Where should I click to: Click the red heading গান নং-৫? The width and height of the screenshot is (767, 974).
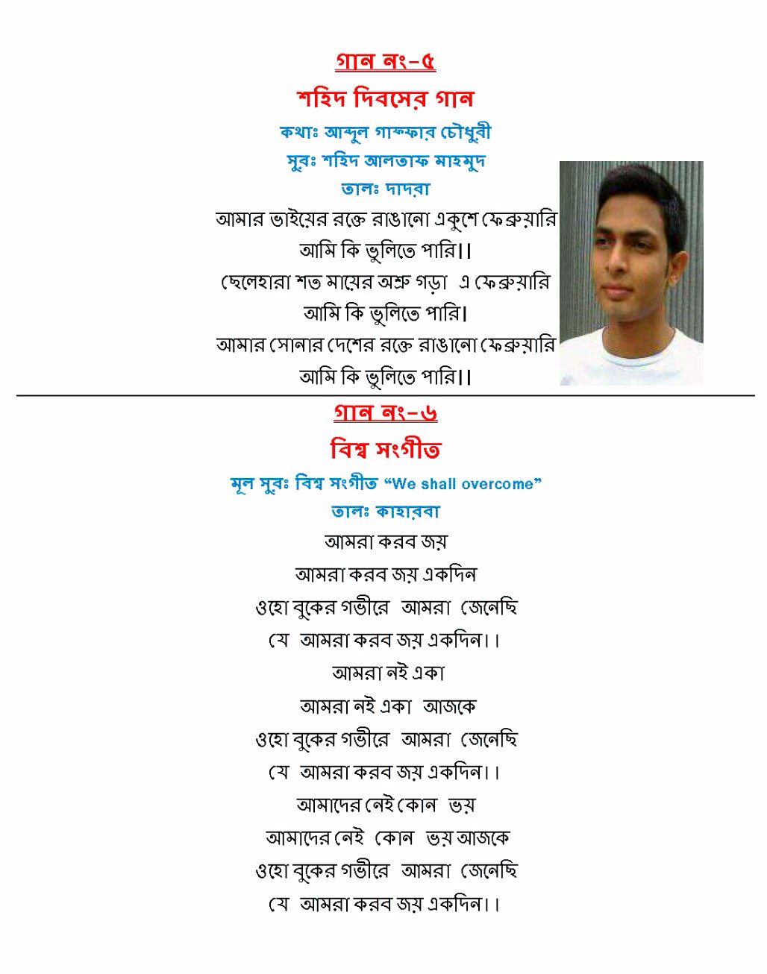coord(386,61)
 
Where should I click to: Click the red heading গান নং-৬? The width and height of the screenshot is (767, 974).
coord(386,412)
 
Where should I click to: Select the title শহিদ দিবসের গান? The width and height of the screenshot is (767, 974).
coord(386,98)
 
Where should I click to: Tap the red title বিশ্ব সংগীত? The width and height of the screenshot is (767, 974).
coord(386,450)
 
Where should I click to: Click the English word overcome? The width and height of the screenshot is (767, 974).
coord(498,484)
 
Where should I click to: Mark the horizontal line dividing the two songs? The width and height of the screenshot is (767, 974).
coord(386,394)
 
